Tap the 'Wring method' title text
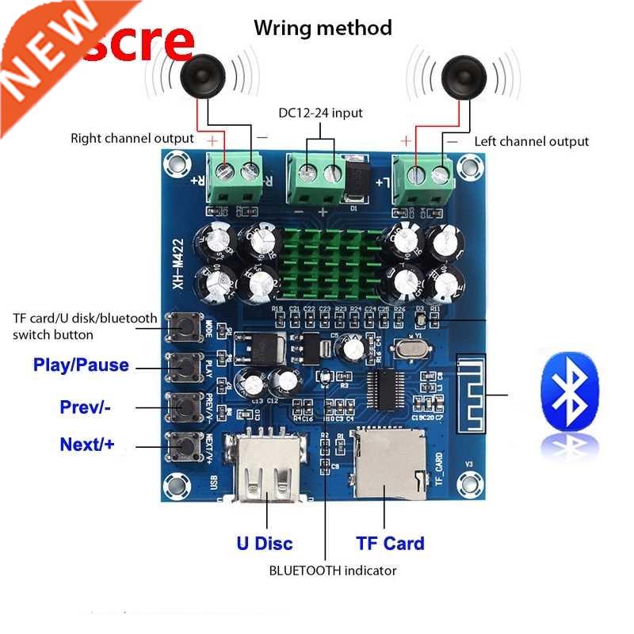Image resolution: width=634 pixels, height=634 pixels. [x=323, y=29]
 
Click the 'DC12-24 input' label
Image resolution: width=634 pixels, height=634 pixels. [x=320, y=113]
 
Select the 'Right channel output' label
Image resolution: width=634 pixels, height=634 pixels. [x=132, y=139]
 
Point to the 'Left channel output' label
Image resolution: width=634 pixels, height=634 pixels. [x=532, y=142]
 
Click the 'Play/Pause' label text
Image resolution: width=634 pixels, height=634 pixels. [x=81, y=366]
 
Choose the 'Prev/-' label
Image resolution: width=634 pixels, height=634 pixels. [x=85, y=407]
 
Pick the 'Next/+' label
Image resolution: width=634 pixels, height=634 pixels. [x=87, y=445]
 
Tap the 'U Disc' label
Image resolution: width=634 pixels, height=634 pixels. [x=264, y=544]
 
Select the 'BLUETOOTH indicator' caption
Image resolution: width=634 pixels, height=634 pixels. [x=333, y=570]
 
